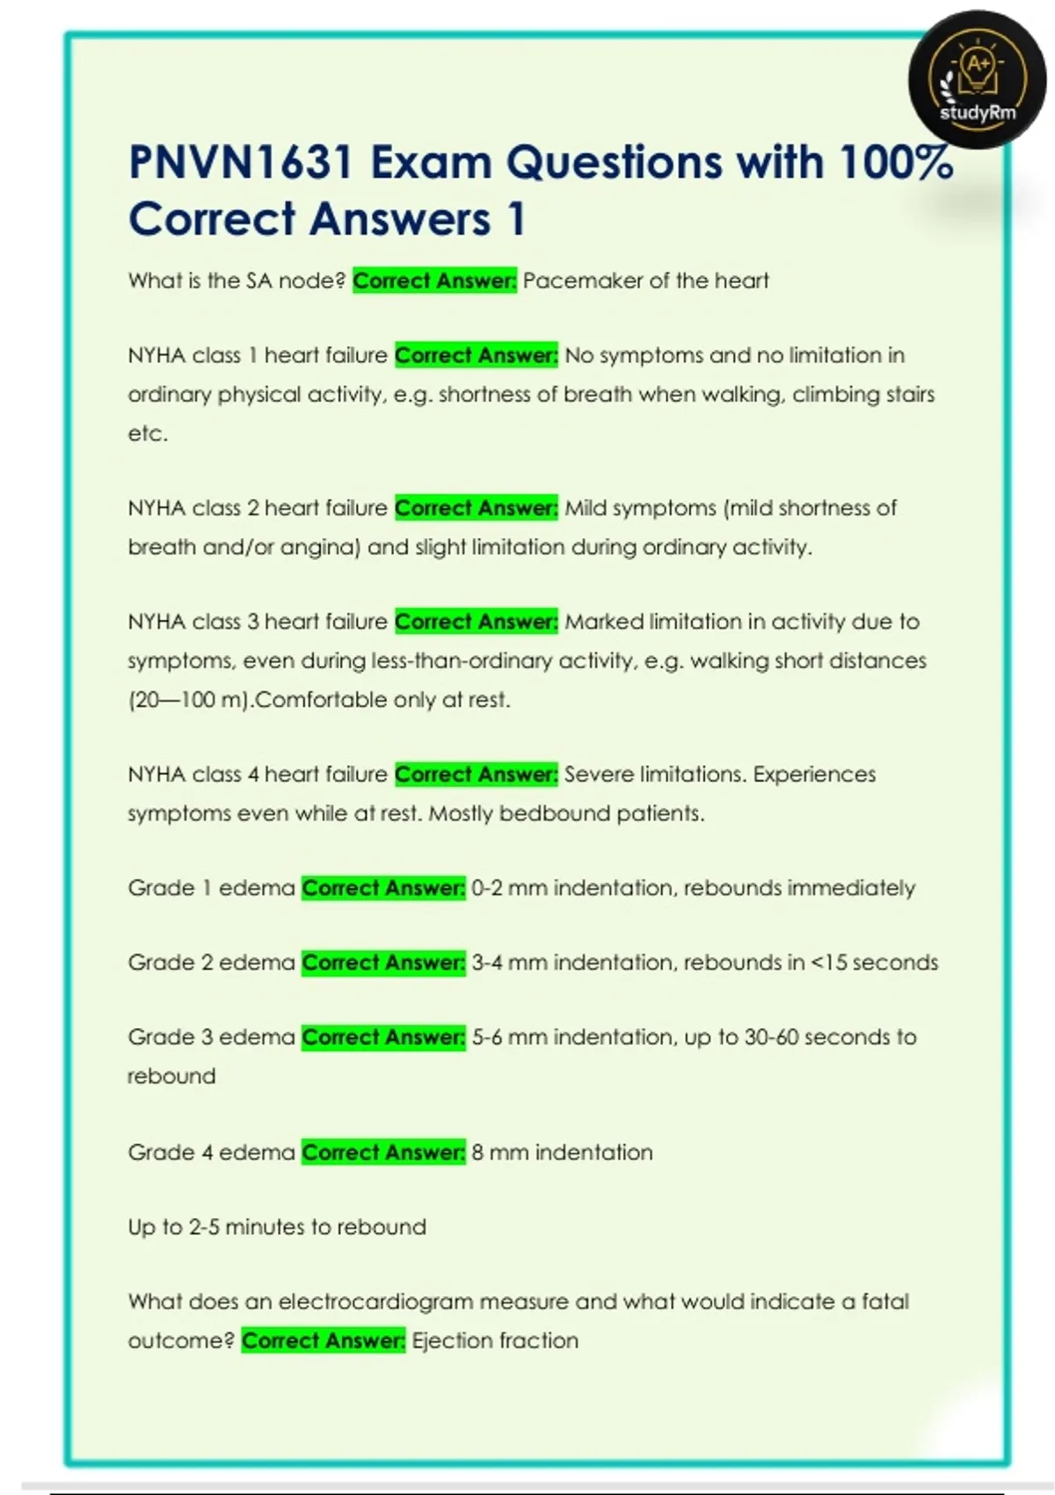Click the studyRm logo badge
point(977,79)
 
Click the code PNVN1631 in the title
point(240,163)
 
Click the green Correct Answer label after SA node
point(434,281)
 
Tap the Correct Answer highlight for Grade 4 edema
point(383,1153)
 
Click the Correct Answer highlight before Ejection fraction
point(324,1341)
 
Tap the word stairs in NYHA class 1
point(909,394)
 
